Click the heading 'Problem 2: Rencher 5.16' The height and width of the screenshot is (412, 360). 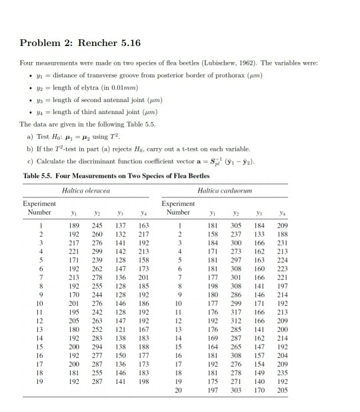click(81, 43)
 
